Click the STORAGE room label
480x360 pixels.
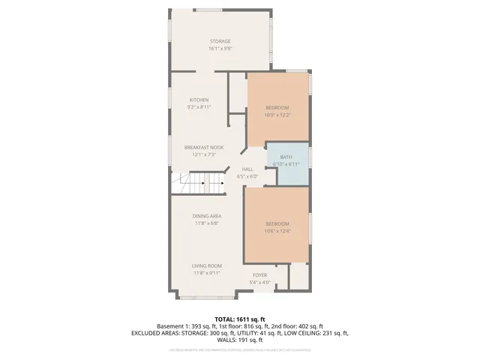tap(220, 41)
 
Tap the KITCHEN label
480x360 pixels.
tap(199, 100)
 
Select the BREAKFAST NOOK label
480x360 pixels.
tap(204, 147)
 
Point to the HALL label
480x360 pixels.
tap(247, 169)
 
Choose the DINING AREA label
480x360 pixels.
tap(206, 216)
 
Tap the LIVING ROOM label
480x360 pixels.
tap(206, 265)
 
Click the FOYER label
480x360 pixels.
tap(259, 275)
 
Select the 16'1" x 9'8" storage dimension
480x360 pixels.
tap(220, 49)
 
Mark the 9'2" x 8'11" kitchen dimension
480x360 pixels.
tap(199, 107)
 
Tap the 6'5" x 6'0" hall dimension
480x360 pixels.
tap(247, 176)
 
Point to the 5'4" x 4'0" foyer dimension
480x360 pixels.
tap(259, 283)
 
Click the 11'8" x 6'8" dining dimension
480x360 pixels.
tap(206, 223)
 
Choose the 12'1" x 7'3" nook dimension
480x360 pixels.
tap(204, 154)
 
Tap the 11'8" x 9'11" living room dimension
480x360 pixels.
tap(206, 273)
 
